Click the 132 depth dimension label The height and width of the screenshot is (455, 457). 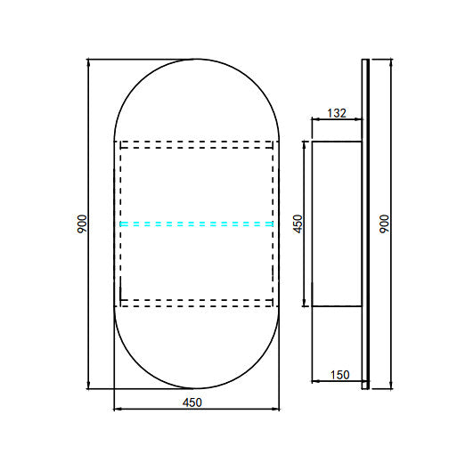pos(337,113)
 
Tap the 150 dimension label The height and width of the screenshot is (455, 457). pos(340,375)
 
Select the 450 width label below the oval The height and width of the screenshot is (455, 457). pos(192,402)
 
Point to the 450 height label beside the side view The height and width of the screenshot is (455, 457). pos(298,223)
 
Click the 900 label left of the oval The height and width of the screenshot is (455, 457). pos(82,223)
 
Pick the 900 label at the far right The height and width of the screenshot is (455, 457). pos(384,223)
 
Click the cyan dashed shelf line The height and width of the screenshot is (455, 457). pos(197,224)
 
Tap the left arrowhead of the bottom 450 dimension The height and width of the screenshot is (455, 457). pos(117,410)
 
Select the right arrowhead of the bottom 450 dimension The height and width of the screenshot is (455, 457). pos(276,410)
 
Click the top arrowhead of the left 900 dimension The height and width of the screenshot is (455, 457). pos(88,62)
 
